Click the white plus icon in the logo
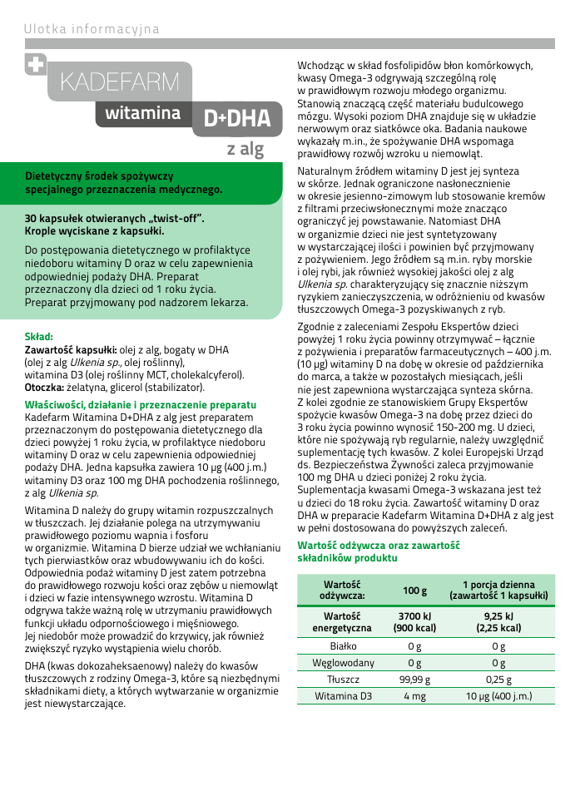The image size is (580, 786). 36,65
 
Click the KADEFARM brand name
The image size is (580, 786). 120,82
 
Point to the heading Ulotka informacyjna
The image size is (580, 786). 92,30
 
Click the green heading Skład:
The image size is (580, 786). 39,337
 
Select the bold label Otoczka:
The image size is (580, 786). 44,387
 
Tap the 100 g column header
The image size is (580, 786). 414,591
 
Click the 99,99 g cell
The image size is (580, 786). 414,680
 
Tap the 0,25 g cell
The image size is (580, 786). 498,680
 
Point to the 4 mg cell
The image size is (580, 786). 414,696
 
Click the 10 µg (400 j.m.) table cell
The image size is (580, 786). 498,696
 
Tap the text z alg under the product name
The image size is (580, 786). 245,150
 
